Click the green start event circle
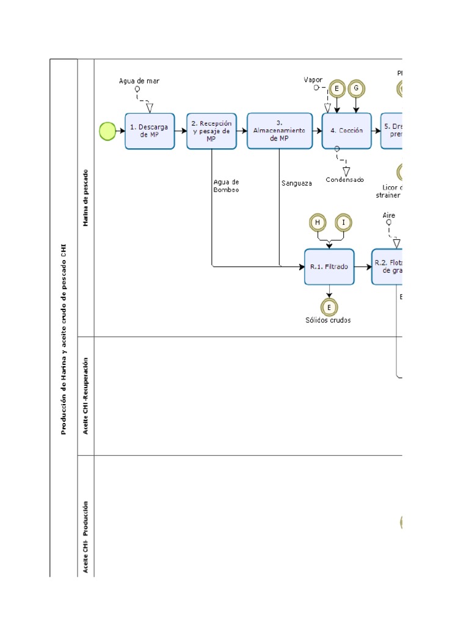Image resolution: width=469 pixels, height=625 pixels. [107, 131]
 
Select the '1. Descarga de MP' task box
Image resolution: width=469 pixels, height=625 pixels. [150, 131]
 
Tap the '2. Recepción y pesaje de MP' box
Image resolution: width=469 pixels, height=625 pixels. [211, 131]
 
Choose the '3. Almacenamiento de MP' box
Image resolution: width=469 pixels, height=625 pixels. [279, 131]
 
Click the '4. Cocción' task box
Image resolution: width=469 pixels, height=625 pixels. [346, 131]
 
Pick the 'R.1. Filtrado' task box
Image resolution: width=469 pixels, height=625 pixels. [329, 267]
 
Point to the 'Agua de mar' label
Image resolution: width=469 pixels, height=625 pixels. [139, 81]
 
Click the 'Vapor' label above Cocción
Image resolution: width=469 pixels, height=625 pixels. [313, 80]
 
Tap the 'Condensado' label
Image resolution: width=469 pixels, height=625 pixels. [344, 179]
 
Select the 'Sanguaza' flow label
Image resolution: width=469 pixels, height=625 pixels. [297, 182]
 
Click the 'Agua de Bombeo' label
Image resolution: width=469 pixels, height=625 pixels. [226, 186]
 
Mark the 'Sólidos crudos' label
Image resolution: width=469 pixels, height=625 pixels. [329, 320]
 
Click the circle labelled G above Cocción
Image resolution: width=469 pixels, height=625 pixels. [356, 89]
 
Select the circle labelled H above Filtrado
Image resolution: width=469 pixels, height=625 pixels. [317, 223]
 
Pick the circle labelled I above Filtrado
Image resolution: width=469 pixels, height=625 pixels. [343, 223]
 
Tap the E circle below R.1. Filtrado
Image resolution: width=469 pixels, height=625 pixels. [329, 306]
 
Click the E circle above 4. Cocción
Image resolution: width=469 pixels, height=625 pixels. [336, 89]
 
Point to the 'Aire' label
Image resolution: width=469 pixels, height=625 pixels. [389, 215]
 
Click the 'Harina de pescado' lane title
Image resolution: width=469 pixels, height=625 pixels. [86, 198]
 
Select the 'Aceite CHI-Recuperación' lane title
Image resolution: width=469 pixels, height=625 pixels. [86, 396]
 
